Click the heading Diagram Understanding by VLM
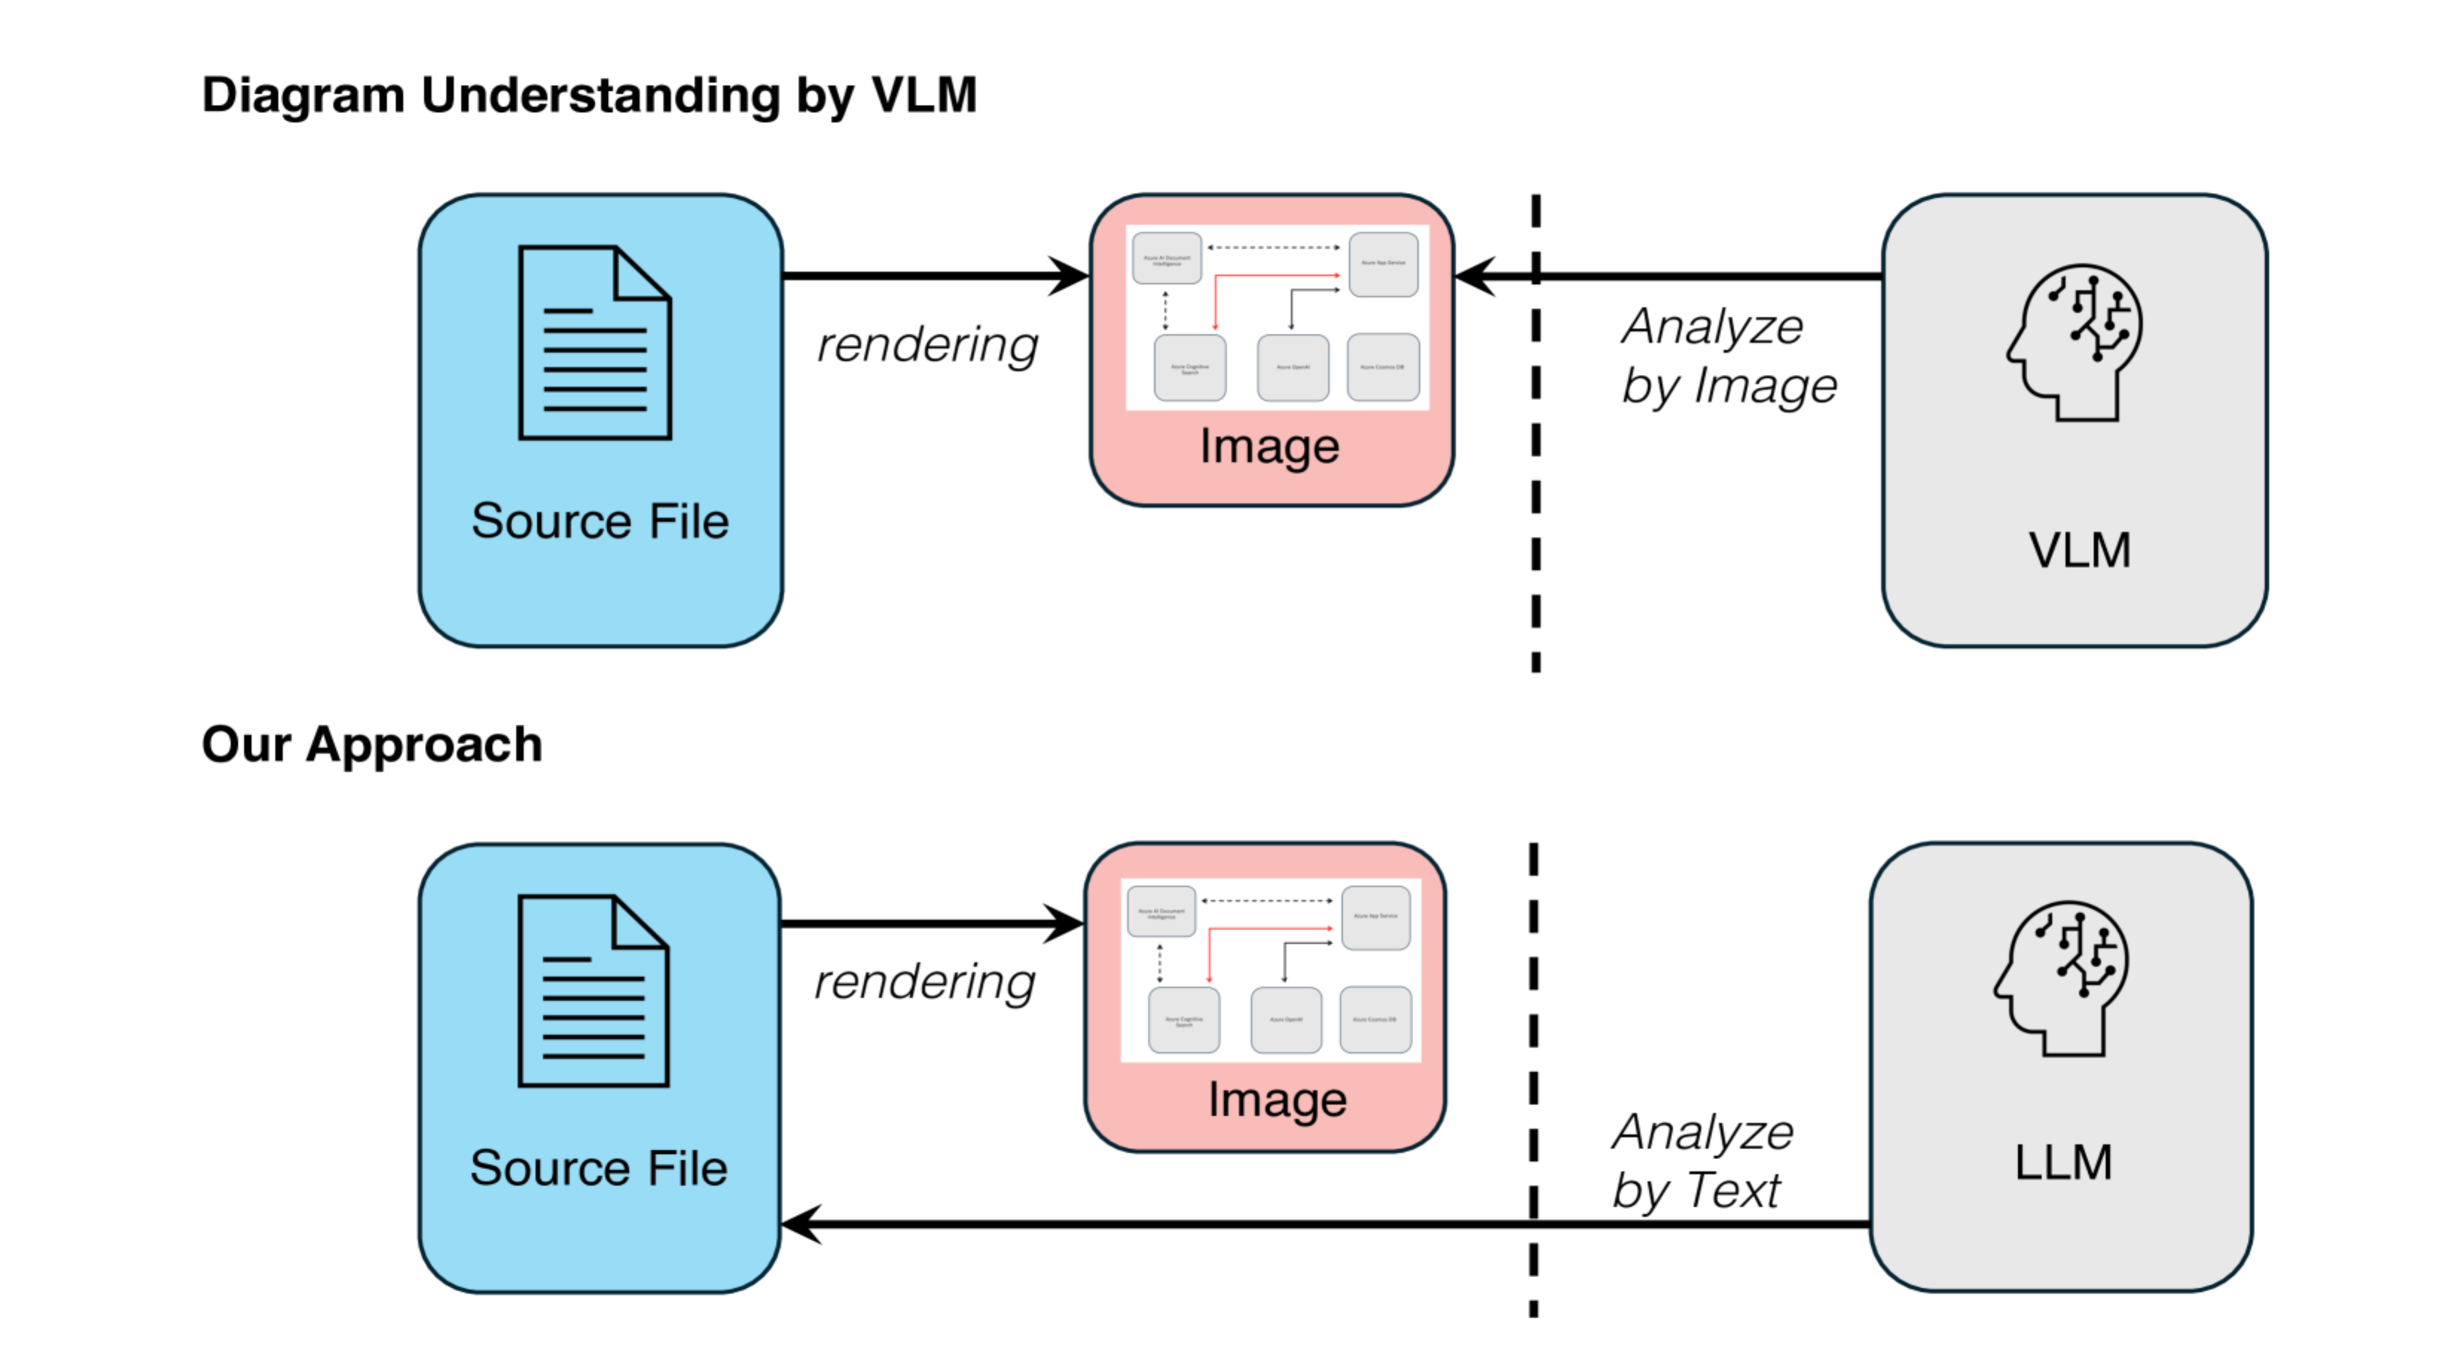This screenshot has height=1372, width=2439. point(589,96)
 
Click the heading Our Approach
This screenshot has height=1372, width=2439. point(372,744)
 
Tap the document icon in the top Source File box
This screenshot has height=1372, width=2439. point(595,343)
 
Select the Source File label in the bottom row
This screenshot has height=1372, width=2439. point(598,1168)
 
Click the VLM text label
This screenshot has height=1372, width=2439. point(2079,550)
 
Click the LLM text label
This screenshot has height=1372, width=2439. point(2063,1162)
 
